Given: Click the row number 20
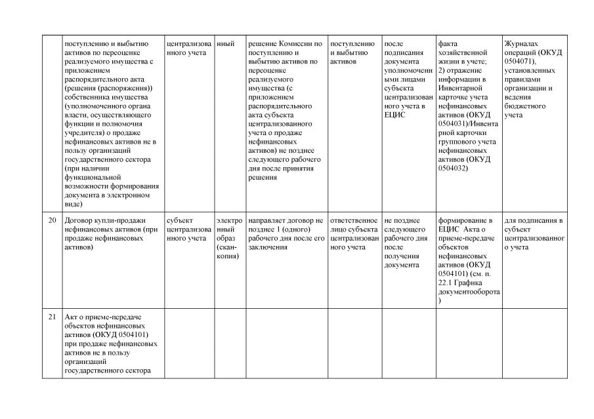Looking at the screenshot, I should pyautogui.click(x=52, y=220).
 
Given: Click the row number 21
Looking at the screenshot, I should pyautogui.click(x=52, y=317).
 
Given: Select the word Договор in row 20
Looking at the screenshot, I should pyautogui.click(x=79, y=220).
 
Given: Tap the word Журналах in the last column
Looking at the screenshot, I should pyautogui.click(x=522, y=44).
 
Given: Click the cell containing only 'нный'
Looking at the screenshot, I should pyautogui.click(x=226, y=44).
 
